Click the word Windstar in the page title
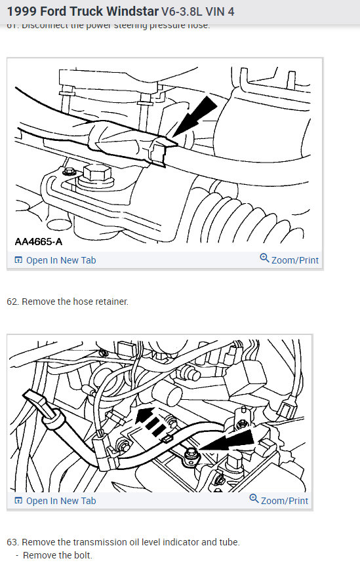130,11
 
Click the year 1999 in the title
20,11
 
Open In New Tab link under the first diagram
60,260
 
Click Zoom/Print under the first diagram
294,260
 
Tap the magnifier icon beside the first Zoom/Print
265,258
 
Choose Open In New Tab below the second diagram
60,501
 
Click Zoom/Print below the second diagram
284,501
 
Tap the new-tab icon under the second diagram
18,501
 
